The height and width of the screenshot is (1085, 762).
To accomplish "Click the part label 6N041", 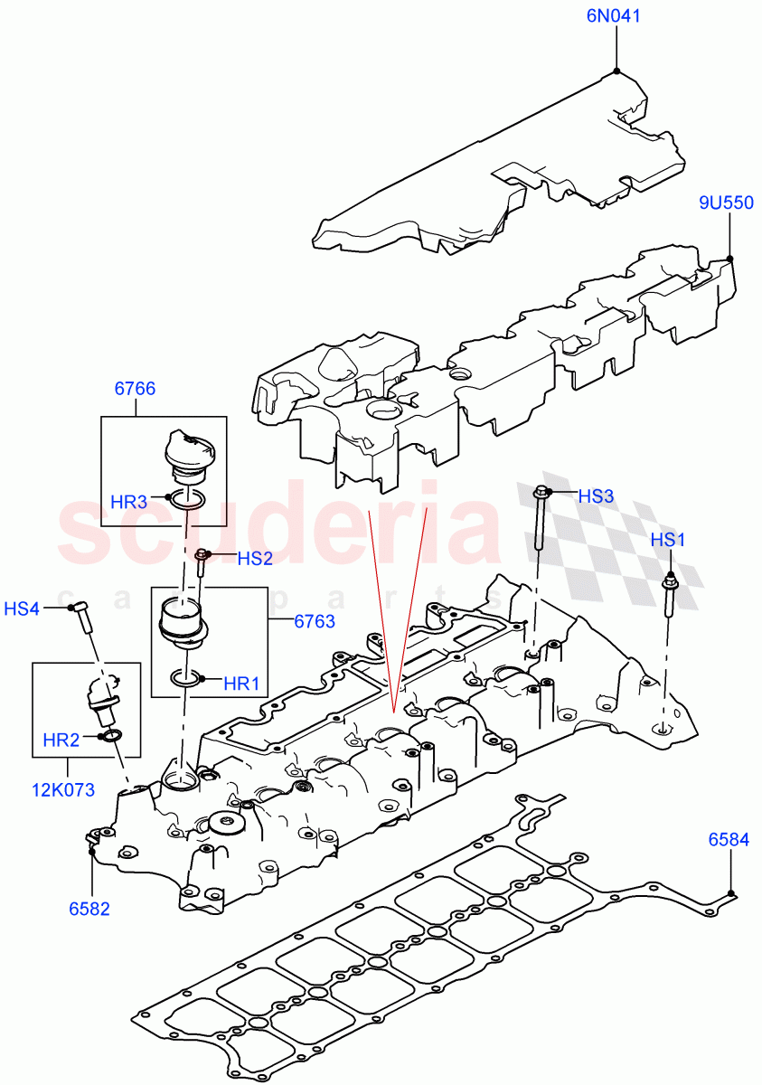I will [x=616, y=16].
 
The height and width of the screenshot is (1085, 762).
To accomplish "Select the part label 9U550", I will [x=725, y=203].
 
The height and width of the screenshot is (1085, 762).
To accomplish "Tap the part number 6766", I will [x=135, y=389].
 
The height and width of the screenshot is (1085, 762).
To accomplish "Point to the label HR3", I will [x=128, y=501].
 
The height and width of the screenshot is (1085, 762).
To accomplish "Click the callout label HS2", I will [x=254, y=559].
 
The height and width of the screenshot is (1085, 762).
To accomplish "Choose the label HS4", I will [x=22, y=609].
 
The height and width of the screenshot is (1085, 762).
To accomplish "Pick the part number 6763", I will [x=314, y=621].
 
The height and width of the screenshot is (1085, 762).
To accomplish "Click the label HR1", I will [x=240, y=684].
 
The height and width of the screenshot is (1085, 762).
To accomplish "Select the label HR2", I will [x=61, y=740].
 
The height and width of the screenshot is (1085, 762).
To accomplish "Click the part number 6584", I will [x=728, y=840].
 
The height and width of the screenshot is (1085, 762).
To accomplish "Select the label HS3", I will [x=596, y=495].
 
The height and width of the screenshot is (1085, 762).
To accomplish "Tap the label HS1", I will [x=669, y=540].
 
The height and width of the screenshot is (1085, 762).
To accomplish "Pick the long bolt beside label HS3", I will [x=541, y=520].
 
